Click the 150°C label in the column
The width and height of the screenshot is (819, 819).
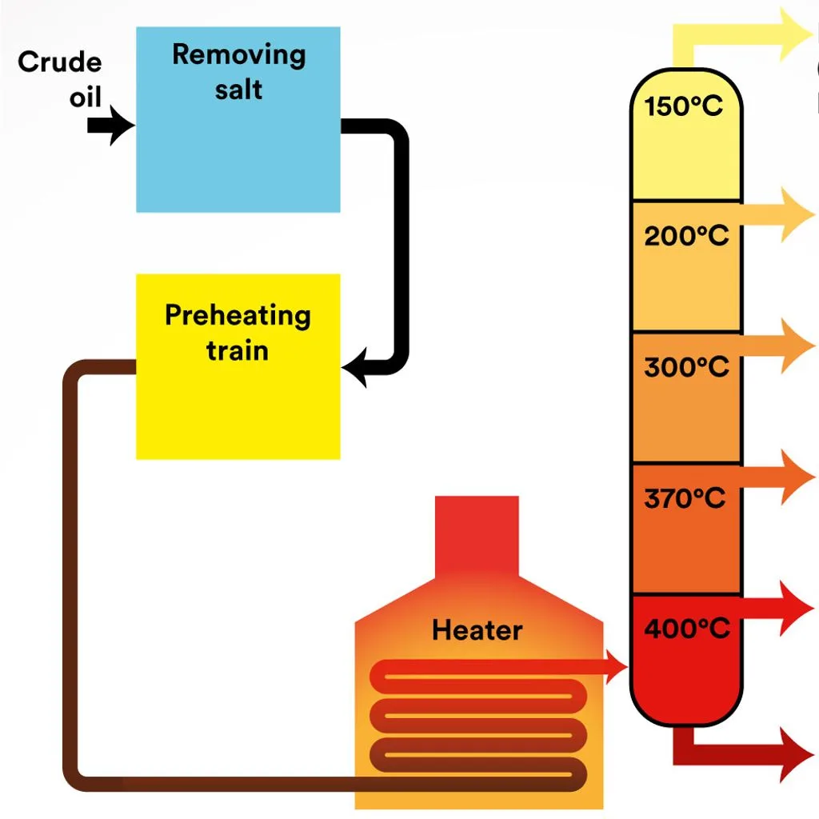click(683, 106)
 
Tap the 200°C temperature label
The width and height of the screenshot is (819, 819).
click(686, 236)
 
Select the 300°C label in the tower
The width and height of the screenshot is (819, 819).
click(686, 366)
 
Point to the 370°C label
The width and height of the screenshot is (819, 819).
click(685, 497)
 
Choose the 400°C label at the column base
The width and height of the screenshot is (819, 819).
click(687, 629)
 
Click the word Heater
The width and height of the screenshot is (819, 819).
click(477, 630)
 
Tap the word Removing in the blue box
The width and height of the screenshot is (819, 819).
click(238, 55)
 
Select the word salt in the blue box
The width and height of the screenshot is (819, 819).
click(238, 90)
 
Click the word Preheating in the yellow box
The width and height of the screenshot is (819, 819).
click(238, 316)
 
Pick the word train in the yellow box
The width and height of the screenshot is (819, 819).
click(238, 350)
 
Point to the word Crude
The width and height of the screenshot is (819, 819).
click(59, 62)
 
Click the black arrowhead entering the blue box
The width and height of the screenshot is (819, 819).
click(122, 126)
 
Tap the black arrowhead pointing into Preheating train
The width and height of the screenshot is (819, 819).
click(355, 368)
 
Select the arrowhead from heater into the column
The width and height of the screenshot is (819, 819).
click(616, 666)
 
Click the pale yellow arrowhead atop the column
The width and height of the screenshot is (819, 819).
click(796, 34)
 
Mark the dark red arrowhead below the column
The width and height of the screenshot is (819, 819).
click(796, 755)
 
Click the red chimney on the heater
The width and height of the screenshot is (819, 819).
click(477, 536)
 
